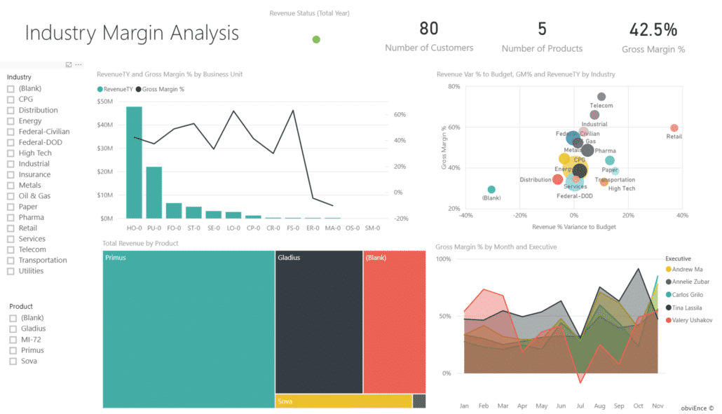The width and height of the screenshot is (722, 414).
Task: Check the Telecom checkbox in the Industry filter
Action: [x=11, y=249]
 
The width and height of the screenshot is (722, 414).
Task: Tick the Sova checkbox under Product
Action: [x=13, y=361]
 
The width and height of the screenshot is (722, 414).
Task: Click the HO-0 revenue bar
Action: [x=134, y=162]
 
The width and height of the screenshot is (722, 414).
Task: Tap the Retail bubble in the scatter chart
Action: [x=674, y=128]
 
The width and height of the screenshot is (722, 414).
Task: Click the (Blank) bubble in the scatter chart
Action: [x=491, y=190]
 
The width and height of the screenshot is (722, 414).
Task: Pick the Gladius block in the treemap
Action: [x=318, y=322]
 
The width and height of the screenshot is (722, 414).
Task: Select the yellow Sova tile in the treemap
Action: [x=343, y=401]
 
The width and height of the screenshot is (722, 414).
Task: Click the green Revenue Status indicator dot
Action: [x=316, y=39]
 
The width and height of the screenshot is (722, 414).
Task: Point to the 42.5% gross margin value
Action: [x=653, y=29]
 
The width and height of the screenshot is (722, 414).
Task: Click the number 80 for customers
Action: [x=429, y=29]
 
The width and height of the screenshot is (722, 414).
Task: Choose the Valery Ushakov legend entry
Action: [x=693, y=320]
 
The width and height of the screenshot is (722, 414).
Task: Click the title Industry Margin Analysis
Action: [x=132, y=33]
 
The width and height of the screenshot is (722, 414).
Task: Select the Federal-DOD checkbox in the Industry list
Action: [x=11, y=142]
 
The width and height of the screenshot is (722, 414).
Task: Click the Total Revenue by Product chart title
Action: [x=140, y=243]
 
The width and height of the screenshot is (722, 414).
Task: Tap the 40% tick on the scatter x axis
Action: [x=682, y=216]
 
